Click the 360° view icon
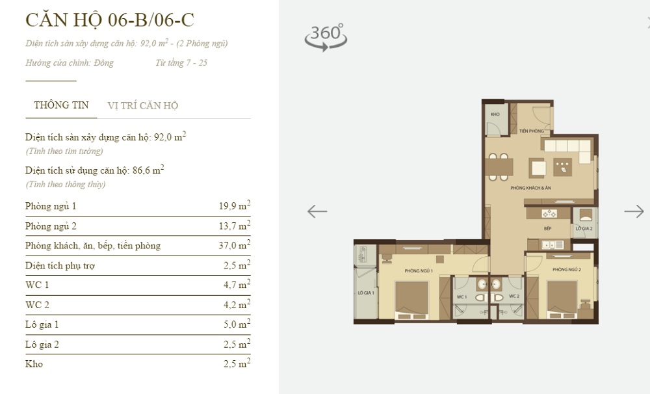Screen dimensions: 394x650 (x=326, y=37)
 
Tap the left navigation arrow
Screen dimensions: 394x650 (x=317, y=211)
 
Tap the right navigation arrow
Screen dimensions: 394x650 (x=634, y=211)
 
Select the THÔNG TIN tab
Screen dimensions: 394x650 (x=61, y=105)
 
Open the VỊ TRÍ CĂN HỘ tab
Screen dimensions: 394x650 (x=142, y=105)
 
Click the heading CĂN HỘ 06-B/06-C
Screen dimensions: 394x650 (x=109, y=20)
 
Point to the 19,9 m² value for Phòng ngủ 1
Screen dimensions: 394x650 (x=235, y=207)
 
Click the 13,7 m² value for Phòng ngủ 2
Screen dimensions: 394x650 (x=235, y=226)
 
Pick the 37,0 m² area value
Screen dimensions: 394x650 (x=235, y=246)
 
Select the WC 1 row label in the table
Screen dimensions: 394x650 (x=37, y=285)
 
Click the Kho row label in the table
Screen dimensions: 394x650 (x=34, y=364)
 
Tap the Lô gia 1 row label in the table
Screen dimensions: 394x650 (x=42, y=324)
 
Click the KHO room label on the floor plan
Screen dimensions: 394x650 (x=495, y=114)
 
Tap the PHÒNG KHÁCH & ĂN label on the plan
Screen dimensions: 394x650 (x=530, y=188)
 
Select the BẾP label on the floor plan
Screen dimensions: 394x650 (x=548, y=230)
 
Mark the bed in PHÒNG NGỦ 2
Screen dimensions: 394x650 (x=562, y=298)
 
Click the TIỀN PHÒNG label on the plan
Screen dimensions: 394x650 (x=531, y=131)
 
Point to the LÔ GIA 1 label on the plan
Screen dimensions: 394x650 (x=365, y=293)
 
